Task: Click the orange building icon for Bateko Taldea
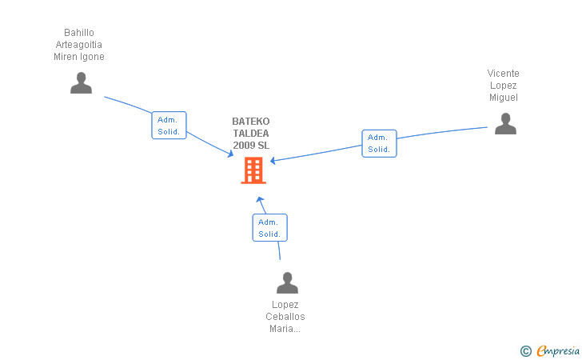pyautogui.click(x=253, y=170)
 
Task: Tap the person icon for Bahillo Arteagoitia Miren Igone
pyautogui.click(x=81, y=83)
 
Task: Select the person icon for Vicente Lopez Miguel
pyautogui.click(x=505, y=124)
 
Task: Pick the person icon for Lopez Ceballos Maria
pyautogui.click(x=287, y=283)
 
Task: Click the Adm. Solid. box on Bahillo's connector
pyautogui.click(x=169, y=126)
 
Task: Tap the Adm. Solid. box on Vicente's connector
pyautogui.click(x=379, y=143)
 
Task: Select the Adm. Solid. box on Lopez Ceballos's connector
pyautogui.click(x=269, y=228)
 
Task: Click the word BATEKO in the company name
pyautogui.click(x=251, y=122)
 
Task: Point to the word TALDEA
pyautogui.click(x=251, y=134)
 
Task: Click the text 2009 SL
pyautogui.click(x=251, y=146)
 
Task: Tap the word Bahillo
pyautogui.click(x=79, y=33)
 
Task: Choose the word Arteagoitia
pyautogui.click(x=79, y=45)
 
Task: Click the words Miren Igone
pyautogui.click(x=79, y=57)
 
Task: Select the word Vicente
pyautogui.click(x=504, y=74)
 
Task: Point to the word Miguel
pyautogui.click(x=504, y=98)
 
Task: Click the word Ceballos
pyautogui.click(x=285, y=317)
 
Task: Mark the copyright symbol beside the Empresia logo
pyautogui.click(x=525, y=350)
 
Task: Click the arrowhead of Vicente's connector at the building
pyautogui.click(x=273, y=161)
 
